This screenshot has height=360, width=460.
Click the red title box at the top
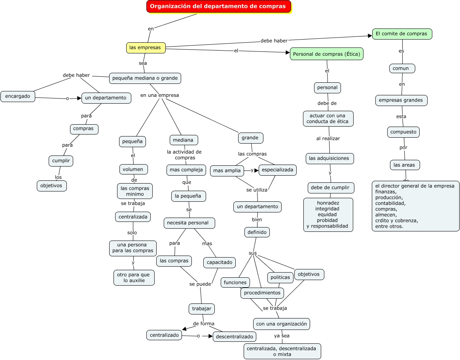218,6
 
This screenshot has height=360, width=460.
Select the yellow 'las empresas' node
146,47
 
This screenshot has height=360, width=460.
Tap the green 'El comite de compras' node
402,34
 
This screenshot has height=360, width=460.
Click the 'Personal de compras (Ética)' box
327,54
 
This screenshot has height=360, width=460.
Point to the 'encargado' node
17,96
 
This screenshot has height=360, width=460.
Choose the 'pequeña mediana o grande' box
145,78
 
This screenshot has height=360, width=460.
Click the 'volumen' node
133,169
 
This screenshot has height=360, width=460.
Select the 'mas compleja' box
186,170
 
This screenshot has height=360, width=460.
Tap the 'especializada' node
278,170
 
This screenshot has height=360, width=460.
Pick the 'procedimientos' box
262,293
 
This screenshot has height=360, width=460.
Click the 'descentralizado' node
235,337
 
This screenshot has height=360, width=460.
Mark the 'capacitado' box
220,262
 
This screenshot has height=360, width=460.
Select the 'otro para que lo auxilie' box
134,278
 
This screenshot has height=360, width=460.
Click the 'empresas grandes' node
401,100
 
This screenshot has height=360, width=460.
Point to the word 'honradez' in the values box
328,203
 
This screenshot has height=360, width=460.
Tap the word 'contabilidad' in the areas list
390,203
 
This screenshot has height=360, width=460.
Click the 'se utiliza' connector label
257,190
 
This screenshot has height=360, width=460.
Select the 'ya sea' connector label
282,336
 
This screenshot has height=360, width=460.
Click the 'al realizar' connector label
328,138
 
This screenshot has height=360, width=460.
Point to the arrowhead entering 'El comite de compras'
369,36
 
